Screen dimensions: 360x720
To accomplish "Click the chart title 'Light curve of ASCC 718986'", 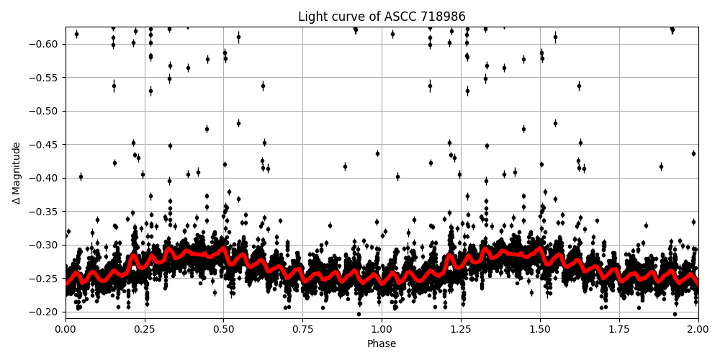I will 382,17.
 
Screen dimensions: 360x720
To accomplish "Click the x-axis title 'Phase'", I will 382,343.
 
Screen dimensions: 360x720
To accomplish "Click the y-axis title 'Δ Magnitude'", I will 17,173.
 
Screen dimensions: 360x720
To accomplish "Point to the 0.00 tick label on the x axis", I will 66,329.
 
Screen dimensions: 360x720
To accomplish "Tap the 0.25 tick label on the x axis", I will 145,329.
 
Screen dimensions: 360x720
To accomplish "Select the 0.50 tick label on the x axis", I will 223,329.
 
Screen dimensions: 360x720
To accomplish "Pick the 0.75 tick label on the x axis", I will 302,329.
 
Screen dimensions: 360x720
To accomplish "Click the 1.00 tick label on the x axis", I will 382,329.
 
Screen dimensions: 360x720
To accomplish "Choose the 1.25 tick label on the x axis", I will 461,329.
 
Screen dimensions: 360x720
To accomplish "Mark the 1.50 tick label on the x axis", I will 540,329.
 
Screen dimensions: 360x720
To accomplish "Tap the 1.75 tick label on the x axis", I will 619,329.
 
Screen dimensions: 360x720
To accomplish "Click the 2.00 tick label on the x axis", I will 698,329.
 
